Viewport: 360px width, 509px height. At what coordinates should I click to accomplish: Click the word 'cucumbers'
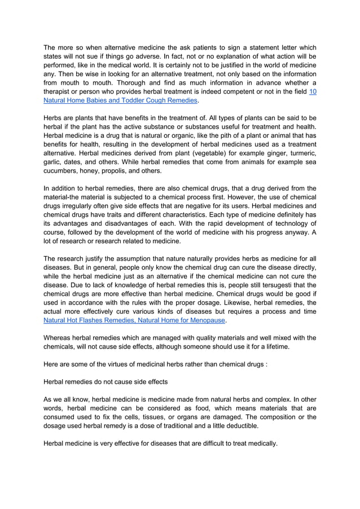(x=61, y=170)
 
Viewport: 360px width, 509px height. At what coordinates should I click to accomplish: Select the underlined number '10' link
(x=312, y=91)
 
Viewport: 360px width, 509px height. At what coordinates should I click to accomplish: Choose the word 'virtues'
(x=119, y=364)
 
